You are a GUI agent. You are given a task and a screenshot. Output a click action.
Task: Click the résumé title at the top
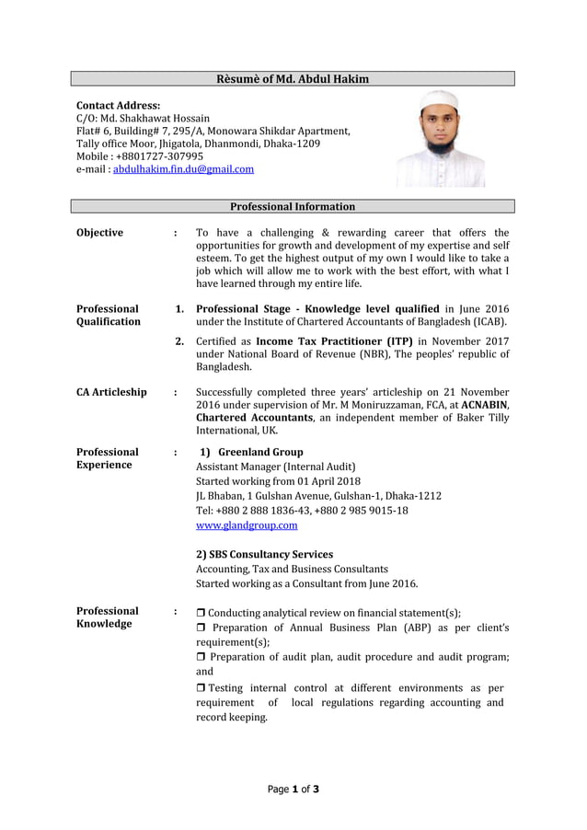click(293, 79)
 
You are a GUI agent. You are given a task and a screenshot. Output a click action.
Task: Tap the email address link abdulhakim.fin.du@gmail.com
click(183, 169)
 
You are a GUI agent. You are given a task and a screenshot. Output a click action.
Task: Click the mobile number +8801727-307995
click(159, 156)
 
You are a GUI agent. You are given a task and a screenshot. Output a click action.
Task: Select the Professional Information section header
click(293, 206)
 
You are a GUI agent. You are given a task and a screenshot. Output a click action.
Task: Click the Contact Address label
click(118, 106)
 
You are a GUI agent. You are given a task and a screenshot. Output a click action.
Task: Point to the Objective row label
click(99, 233)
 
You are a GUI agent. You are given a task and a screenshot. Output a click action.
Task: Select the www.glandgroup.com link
click(247, 525)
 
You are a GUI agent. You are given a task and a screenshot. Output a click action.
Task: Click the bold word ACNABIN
click(485, 405)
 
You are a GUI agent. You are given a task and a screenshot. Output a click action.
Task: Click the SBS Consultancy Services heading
click(264, 555)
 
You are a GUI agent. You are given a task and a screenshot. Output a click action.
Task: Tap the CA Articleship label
click(111, 393)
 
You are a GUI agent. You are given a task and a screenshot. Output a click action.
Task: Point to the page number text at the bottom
click(293, 789)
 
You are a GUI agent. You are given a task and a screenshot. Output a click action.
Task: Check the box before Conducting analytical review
click(201, 614)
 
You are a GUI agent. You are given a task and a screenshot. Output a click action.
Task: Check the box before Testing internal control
click(201, 688)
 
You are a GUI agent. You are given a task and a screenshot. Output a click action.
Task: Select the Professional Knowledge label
click(108, 617)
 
